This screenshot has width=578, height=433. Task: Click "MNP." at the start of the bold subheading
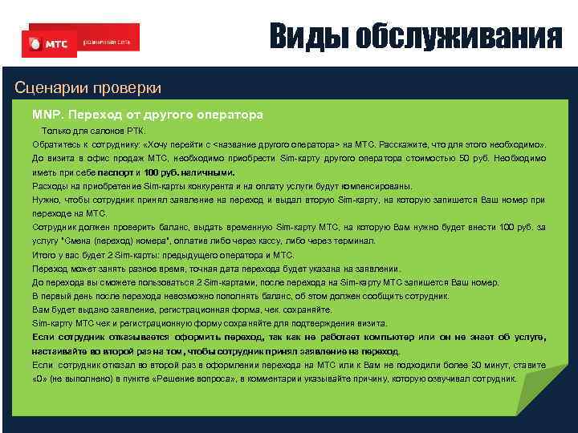(47, 115)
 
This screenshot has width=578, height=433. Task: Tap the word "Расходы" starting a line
(50, 185)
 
